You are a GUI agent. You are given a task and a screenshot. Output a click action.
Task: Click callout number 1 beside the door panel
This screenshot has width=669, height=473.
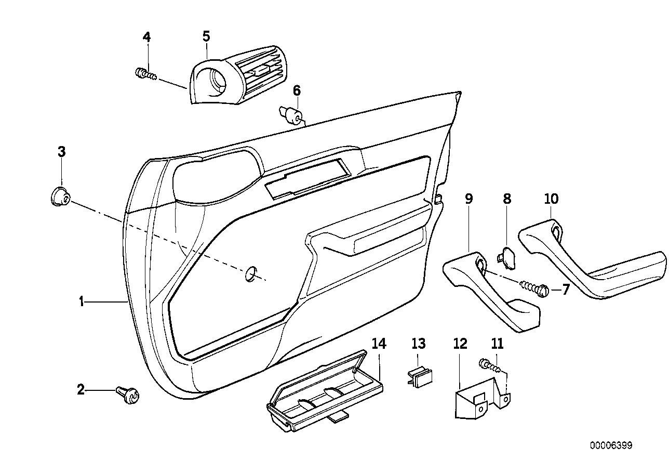(x=81, y=301)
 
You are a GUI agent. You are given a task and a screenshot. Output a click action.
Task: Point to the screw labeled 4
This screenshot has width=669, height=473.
(x=145, y=74)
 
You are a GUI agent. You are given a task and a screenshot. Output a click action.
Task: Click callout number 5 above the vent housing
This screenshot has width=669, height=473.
(x=206, y=36)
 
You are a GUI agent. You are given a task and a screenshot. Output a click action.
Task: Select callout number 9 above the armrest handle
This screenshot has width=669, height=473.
(x=469, y=198)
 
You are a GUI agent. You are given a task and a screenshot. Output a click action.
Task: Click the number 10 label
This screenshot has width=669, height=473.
(x=551, y=198)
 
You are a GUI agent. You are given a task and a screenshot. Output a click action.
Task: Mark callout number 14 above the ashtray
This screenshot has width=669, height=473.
(x=379, y=344)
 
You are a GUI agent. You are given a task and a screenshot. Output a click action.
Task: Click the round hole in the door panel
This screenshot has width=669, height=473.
(x=251, y=273)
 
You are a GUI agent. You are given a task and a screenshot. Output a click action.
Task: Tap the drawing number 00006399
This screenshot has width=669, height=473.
(x=611, y=445)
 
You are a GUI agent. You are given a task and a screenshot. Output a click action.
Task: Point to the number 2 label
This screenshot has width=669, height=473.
(x=81, y=389)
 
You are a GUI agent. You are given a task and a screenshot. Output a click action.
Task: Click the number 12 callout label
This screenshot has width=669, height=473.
(x=460, y=344)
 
